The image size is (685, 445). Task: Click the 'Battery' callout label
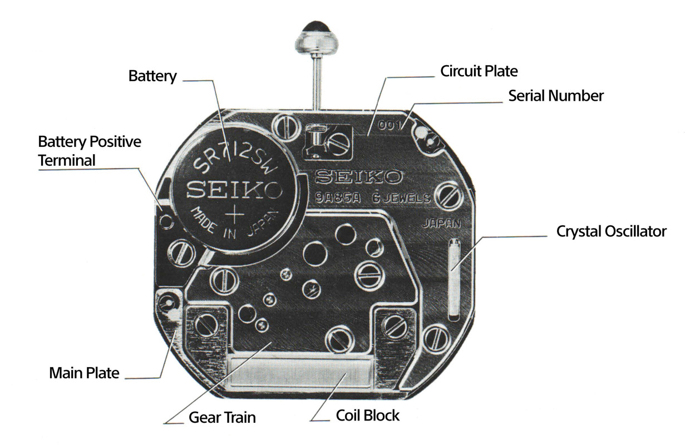pyautogui.click(x=152, y=76)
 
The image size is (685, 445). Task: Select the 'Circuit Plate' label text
pyautogui.click(x=479, y=71)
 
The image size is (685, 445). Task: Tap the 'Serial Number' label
pyautogui.click(x=555, y=96)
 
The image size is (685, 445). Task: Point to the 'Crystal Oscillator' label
pyautogui.click(x=611, y=231)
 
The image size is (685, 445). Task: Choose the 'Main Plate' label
pyautogui.click(x=84, y=372)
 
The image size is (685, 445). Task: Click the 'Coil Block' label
pyautogui.click(x=368, y=415)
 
